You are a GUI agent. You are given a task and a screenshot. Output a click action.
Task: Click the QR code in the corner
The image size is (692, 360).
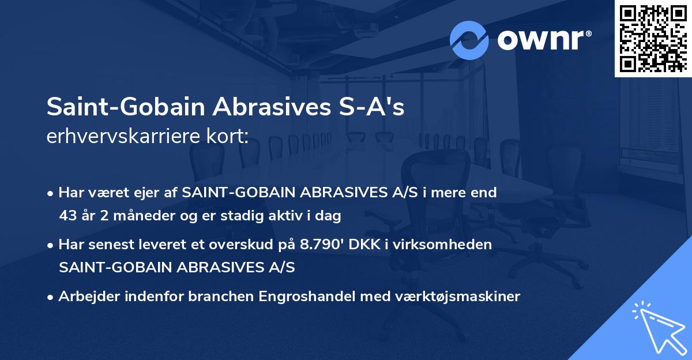click(653, 38)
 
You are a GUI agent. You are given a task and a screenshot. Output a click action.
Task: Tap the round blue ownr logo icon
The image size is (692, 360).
click(469, 40)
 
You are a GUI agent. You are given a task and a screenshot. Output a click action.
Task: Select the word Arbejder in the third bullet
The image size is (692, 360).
click(84, 297)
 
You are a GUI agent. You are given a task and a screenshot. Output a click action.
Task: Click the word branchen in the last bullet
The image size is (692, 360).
click(226, 297)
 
